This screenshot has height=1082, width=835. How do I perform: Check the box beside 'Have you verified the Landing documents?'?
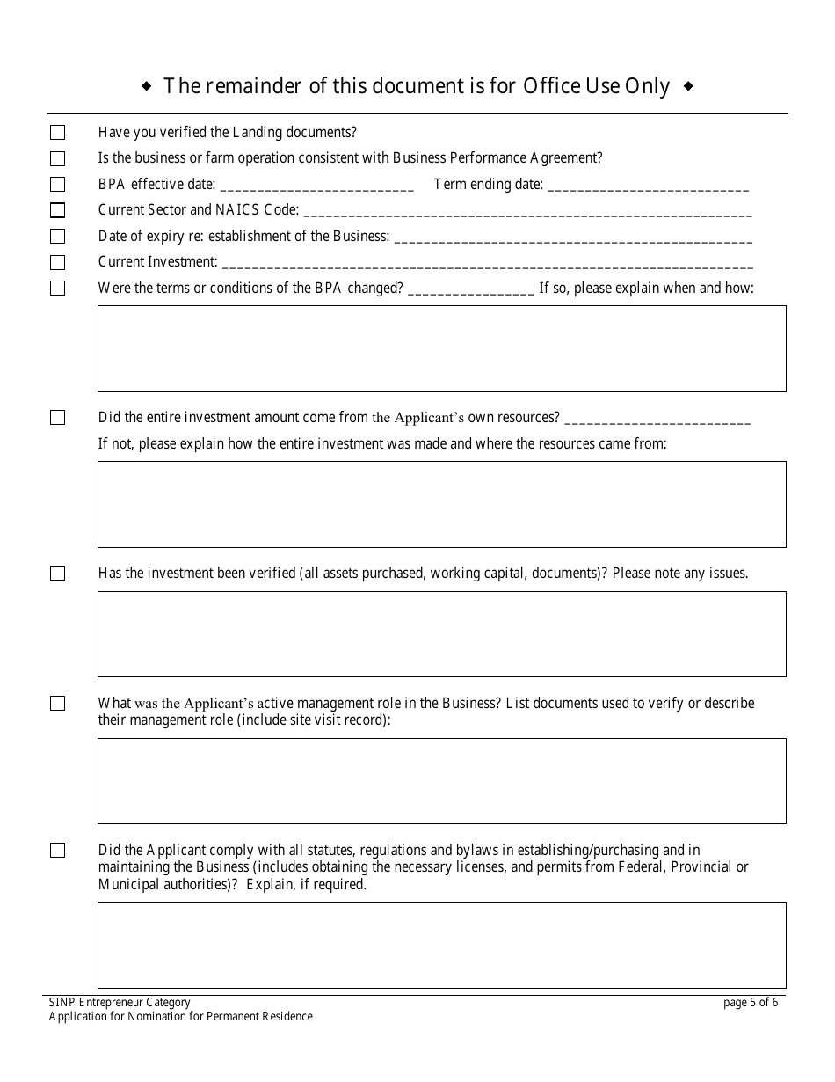(x=57, y=133)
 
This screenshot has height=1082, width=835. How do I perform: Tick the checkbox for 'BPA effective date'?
(x=57, y=185)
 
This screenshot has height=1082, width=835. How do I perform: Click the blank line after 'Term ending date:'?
(x=648, y=186)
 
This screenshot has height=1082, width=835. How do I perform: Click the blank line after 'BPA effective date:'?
(x=316, y=186)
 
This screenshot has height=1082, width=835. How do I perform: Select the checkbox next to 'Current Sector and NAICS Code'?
(x=57, y=210)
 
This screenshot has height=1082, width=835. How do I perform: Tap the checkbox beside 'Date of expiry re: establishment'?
(x=57, y=237)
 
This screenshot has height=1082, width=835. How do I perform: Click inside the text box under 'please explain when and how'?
(x=441, y=348)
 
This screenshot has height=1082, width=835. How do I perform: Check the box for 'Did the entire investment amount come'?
(x=57, y=418)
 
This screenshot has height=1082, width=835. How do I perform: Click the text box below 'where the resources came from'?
(x=441, y=504)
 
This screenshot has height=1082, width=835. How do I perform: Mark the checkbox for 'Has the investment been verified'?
(x=57, y=574)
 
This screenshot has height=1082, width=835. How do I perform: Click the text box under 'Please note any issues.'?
(x=441, y=633)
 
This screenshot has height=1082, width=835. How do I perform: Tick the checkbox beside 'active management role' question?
(x=57, y=704)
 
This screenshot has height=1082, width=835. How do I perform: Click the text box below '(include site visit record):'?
(x=441, y=780)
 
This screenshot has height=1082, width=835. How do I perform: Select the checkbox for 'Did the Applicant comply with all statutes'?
(x=57, y=851)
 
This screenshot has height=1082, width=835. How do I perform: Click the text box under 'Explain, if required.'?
(x=441, y=945)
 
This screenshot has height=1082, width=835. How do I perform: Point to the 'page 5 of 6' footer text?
(x=750, y=1002)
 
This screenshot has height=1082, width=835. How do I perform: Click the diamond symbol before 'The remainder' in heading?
(x=146, y=86)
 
